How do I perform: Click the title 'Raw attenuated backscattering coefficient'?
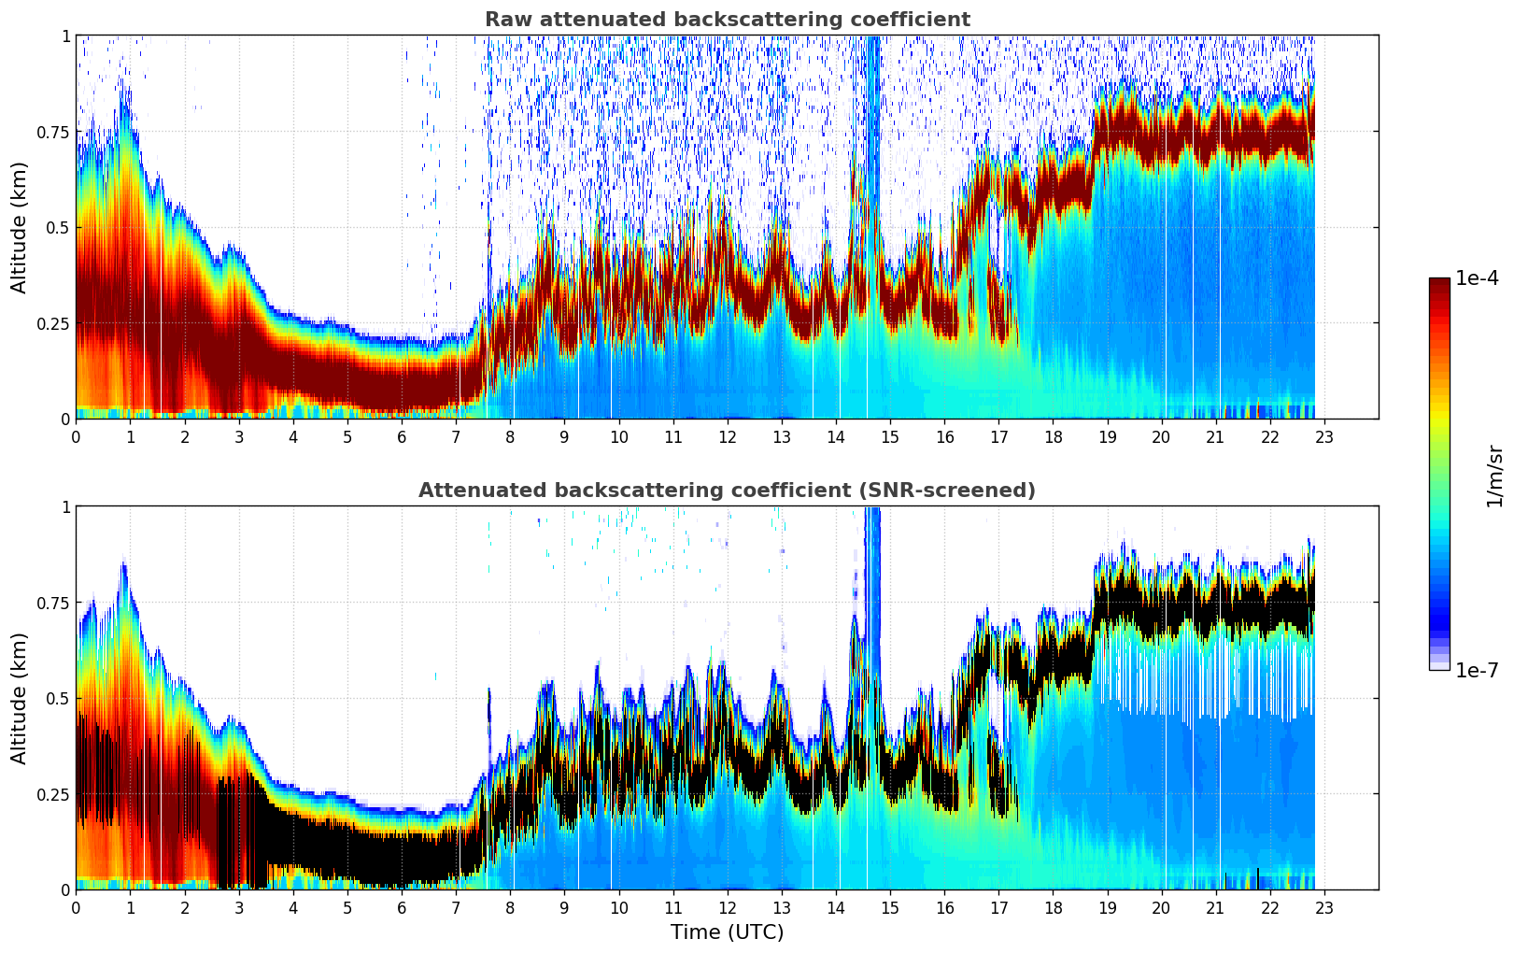click(x=727, y=20)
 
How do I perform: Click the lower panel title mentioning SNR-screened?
click(x=727, y=491)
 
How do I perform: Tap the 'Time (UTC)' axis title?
click(x=727, y=932)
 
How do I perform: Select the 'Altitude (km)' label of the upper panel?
click(x=20, y=227)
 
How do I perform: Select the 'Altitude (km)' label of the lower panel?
click(x=20, y=698)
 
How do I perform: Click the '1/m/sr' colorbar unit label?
click(x=1494, y=476)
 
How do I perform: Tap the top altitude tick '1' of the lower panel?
click(x=65, y=506)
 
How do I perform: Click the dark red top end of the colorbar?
click(x=1439, y=284)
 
